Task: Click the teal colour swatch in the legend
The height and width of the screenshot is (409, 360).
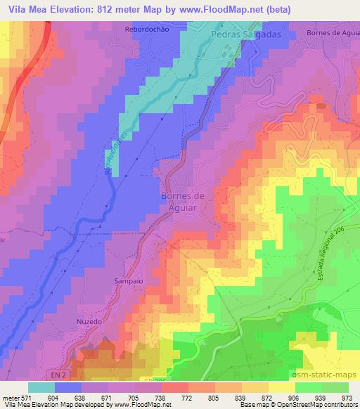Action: point(41,387)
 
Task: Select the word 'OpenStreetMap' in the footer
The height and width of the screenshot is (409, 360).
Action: point(309,405)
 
